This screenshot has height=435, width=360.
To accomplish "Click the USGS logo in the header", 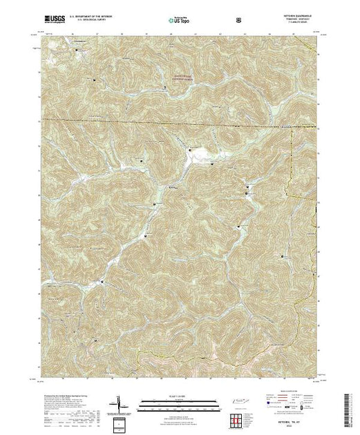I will tap(54, 20).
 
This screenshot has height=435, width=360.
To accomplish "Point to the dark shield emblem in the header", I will tap(239, 20).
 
